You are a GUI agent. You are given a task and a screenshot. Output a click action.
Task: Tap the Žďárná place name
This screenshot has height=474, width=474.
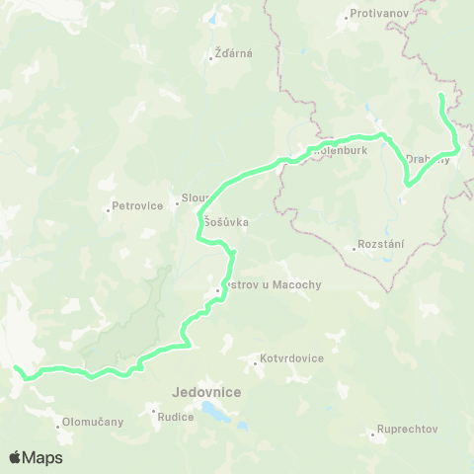[234, 53]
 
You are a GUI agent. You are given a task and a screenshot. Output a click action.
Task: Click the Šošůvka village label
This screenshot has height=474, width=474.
[226, 223]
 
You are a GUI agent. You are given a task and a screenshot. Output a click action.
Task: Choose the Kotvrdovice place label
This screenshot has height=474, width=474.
[291, 358]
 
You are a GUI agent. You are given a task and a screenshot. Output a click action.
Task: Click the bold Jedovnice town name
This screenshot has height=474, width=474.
[206, 391]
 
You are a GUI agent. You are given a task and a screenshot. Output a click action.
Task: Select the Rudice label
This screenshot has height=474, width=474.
[175, 416]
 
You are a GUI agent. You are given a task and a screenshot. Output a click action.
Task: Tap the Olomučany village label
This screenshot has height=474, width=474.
[93, 422]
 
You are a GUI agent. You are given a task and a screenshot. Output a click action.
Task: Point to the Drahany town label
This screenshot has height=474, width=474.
[428, 159]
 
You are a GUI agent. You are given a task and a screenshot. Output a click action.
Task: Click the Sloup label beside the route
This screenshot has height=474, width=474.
[189, 197]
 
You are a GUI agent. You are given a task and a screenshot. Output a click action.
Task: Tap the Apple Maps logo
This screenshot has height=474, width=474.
[36, 457]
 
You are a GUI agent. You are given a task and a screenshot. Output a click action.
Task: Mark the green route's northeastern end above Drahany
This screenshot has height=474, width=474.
[439, 94]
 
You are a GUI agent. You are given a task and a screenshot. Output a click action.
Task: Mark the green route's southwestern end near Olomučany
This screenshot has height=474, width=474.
[16, 368]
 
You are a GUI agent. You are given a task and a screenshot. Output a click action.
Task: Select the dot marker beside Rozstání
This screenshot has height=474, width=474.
[354, 248]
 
